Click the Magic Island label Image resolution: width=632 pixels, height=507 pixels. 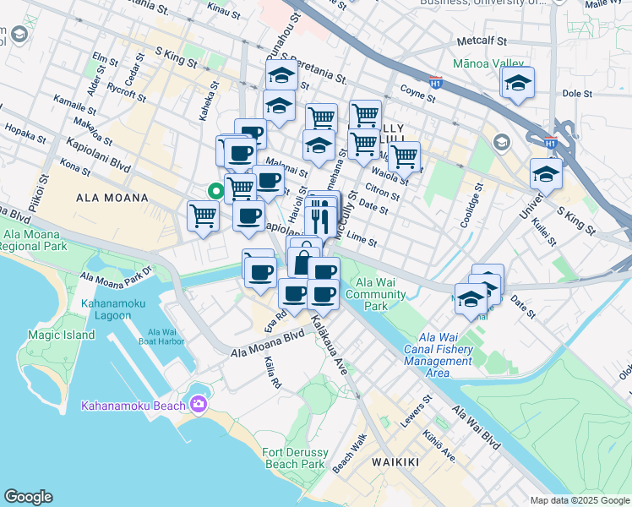tap(61, 335)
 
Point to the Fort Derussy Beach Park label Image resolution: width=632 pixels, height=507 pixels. tap(295, 458)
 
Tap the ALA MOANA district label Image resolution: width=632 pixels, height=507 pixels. tap(112, 198)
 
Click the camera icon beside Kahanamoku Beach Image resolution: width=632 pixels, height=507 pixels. tap(199, 406)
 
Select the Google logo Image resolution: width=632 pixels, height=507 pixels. tap(28, 497)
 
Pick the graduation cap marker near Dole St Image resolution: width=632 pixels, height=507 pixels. tap(517, 83)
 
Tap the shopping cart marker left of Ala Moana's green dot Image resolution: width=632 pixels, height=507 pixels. tap(204, 216)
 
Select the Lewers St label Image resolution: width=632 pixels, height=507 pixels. tap(417, 410)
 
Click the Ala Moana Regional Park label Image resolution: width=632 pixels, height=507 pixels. tap(35, 241)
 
